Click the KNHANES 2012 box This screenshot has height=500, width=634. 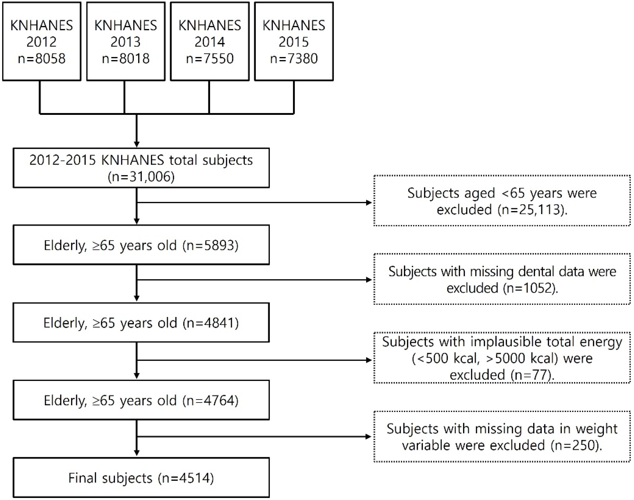click(41, 41)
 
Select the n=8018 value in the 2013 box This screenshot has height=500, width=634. click(125, 58)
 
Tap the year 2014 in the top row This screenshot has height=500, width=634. click(210, 42)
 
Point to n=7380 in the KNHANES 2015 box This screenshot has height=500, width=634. click(294, 58)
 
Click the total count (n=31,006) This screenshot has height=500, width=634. click(141, 177)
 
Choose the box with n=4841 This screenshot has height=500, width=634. click(141, 323)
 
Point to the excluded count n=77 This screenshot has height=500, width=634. click(531, 375)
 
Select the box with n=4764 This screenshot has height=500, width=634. click(141, 400)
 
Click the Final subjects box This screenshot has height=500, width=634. click(141, 478)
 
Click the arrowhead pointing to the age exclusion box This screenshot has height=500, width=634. click(369, 202)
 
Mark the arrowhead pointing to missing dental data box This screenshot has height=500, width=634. click(369, 280)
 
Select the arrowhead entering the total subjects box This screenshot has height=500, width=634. click(137, 144)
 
